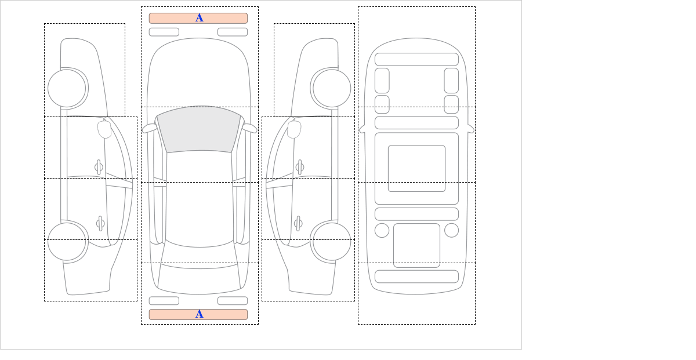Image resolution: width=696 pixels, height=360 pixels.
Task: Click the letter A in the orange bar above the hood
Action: [x=199, y=18]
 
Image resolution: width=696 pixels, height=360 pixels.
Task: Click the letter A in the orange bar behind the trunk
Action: [x=199, y=314]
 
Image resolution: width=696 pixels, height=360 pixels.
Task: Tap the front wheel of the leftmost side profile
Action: [x=67, y=89]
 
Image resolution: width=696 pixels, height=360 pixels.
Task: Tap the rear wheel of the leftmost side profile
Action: [x=67, y=241]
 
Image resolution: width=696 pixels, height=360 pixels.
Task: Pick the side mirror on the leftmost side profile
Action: [x=104, y=129]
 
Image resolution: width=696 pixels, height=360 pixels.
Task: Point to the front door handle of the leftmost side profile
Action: [x=99, y=167]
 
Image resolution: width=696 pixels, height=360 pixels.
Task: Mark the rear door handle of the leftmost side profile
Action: [x=100, y=223]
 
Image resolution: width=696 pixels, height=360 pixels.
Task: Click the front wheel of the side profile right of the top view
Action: [x=332, y=89]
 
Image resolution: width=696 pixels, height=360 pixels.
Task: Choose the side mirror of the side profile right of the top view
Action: [x=295, y=129]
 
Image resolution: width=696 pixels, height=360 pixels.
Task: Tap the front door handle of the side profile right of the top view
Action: [x=299, y=167]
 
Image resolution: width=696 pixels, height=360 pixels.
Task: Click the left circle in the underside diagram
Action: [x=382, y=230]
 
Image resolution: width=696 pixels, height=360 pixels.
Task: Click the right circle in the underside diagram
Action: [x=451, y=230]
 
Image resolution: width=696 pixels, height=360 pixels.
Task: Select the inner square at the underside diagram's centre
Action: [x=416, y=169]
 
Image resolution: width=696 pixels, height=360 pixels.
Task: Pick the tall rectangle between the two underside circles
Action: [x=416, y=245]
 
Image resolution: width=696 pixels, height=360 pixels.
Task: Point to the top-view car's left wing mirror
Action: [x=149, y=129]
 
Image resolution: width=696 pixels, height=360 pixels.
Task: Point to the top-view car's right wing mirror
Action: [x=249, y=128]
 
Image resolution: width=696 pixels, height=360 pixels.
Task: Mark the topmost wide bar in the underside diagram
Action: [x=416, y=59]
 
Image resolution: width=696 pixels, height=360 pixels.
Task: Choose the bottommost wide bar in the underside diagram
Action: [x=416, y=277]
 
